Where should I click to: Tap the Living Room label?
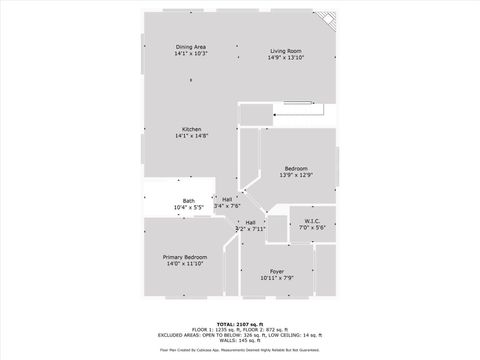(286, 51)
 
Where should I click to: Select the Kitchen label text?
(191, 128)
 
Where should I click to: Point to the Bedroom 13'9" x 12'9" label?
(296, 168)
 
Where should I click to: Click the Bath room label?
(189, 201)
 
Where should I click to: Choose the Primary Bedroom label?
(184, 257)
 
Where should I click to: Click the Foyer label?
(277, 271)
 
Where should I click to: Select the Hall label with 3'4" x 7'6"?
(227, 199)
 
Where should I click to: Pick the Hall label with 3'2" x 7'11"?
(250, 222)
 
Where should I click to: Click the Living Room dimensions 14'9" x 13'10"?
(286, 58)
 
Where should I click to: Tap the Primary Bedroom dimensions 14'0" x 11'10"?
(184, 264)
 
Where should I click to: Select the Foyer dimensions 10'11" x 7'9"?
(277, 278)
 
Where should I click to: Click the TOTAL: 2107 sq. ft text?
(240, 324)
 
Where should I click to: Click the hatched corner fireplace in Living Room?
(326, 20)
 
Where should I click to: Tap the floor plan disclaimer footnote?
(240, 351)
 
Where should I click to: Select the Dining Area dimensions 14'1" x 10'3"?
(191, 55)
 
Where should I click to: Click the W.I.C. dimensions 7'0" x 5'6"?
(312, 229)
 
